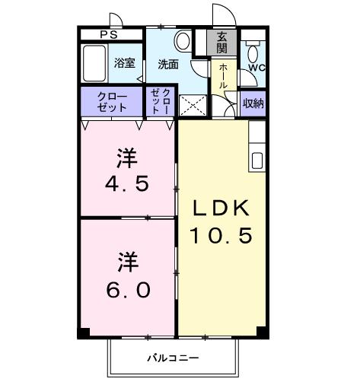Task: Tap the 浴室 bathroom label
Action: click(x=125, y=64)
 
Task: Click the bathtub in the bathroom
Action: click(x=94, y=64)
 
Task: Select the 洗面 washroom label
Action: click(x=168, y=64)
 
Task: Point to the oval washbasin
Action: click(x=183, y=40)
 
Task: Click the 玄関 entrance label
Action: click(x=221, y=42)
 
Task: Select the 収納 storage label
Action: click(x=253, y=103)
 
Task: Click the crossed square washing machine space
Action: click(x=191, y=106)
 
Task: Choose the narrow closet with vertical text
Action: click(x=161, y=101)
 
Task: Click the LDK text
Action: click(x=221, y=208)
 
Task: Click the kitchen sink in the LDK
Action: click(x=257, y=161)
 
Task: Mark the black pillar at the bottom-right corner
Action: click(x=261, y=332)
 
